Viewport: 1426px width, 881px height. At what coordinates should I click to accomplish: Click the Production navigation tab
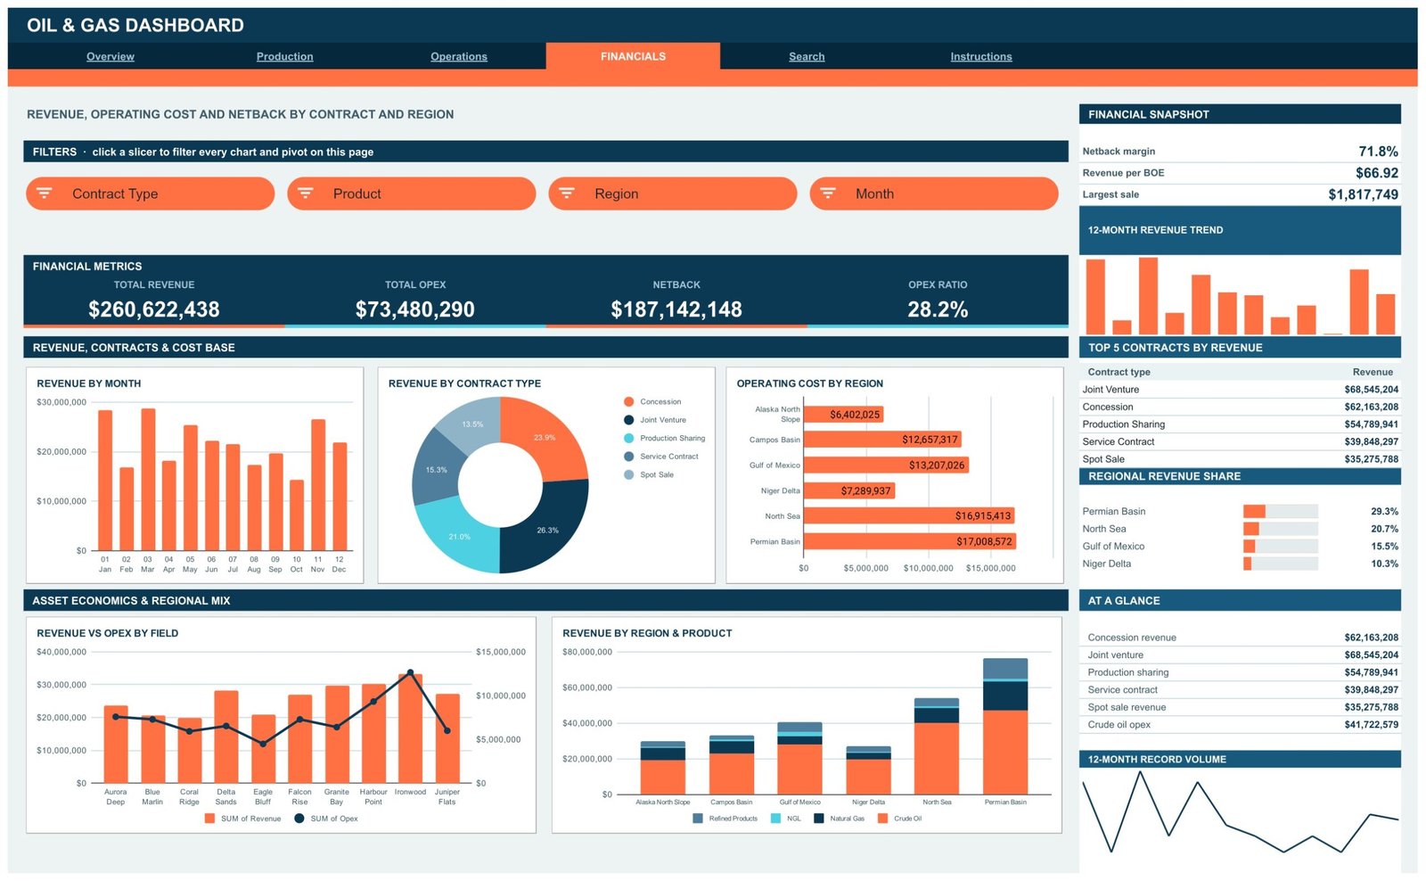coord(284,56)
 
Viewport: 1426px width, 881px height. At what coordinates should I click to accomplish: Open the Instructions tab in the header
coord(981,56)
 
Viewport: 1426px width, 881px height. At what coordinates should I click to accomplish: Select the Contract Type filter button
coord(151,193)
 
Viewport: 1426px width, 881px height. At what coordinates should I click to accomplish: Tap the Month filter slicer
coord(934,193)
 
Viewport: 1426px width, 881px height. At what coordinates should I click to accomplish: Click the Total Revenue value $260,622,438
coord(154,309)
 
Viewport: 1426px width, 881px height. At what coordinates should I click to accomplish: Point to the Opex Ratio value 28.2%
coord(938,309)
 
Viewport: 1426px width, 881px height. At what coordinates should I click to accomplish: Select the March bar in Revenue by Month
coord(148,479)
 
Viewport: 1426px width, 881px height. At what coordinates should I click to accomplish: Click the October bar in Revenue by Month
coord(297,515)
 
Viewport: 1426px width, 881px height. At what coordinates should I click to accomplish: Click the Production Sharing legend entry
coord(665,438)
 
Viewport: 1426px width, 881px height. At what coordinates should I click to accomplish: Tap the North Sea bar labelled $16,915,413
coord(909,515)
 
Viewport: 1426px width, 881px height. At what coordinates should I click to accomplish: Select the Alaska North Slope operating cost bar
coord(843,414)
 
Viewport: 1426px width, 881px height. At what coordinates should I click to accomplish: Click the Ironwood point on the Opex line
coord(410,672)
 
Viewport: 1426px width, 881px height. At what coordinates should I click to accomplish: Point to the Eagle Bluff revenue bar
coord(263,748)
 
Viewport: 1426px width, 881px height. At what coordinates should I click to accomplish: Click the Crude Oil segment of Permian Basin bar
coord(1005,752)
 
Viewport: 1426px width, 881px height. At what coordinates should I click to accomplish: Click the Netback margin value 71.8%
coord(1378,151)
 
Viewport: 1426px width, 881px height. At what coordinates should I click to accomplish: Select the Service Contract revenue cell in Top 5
coord(1372,441)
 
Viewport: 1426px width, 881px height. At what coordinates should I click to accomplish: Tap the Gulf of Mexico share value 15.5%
coord(1385,546)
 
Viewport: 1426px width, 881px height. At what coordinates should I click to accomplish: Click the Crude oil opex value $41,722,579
coord(1372,724)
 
